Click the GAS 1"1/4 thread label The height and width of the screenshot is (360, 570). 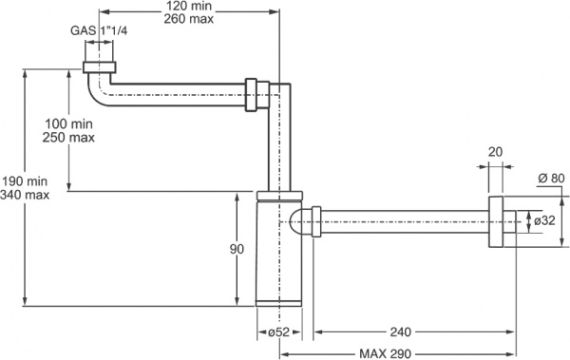(x=99, y=30)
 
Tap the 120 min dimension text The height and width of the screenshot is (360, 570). (x=189, y=6)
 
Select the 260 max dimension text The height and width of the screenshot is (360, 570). (x=189, y=19)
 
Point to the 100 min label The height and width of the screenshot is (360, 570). (x=68, y=124)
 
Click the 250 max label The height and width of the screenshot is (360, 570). (x=68, y=138)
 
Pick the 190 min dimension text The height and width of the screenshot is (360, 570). (x=25, y=181)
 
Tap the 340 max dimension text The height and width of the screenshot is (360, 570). (x=25, y=195)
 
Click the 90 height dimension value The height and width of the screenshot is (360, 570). (x=237, y=249)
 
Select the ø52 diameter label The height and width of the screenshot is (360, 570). (x=278, y=332)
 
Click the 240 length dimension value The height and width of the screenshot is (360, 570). (x=401, y=332)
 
